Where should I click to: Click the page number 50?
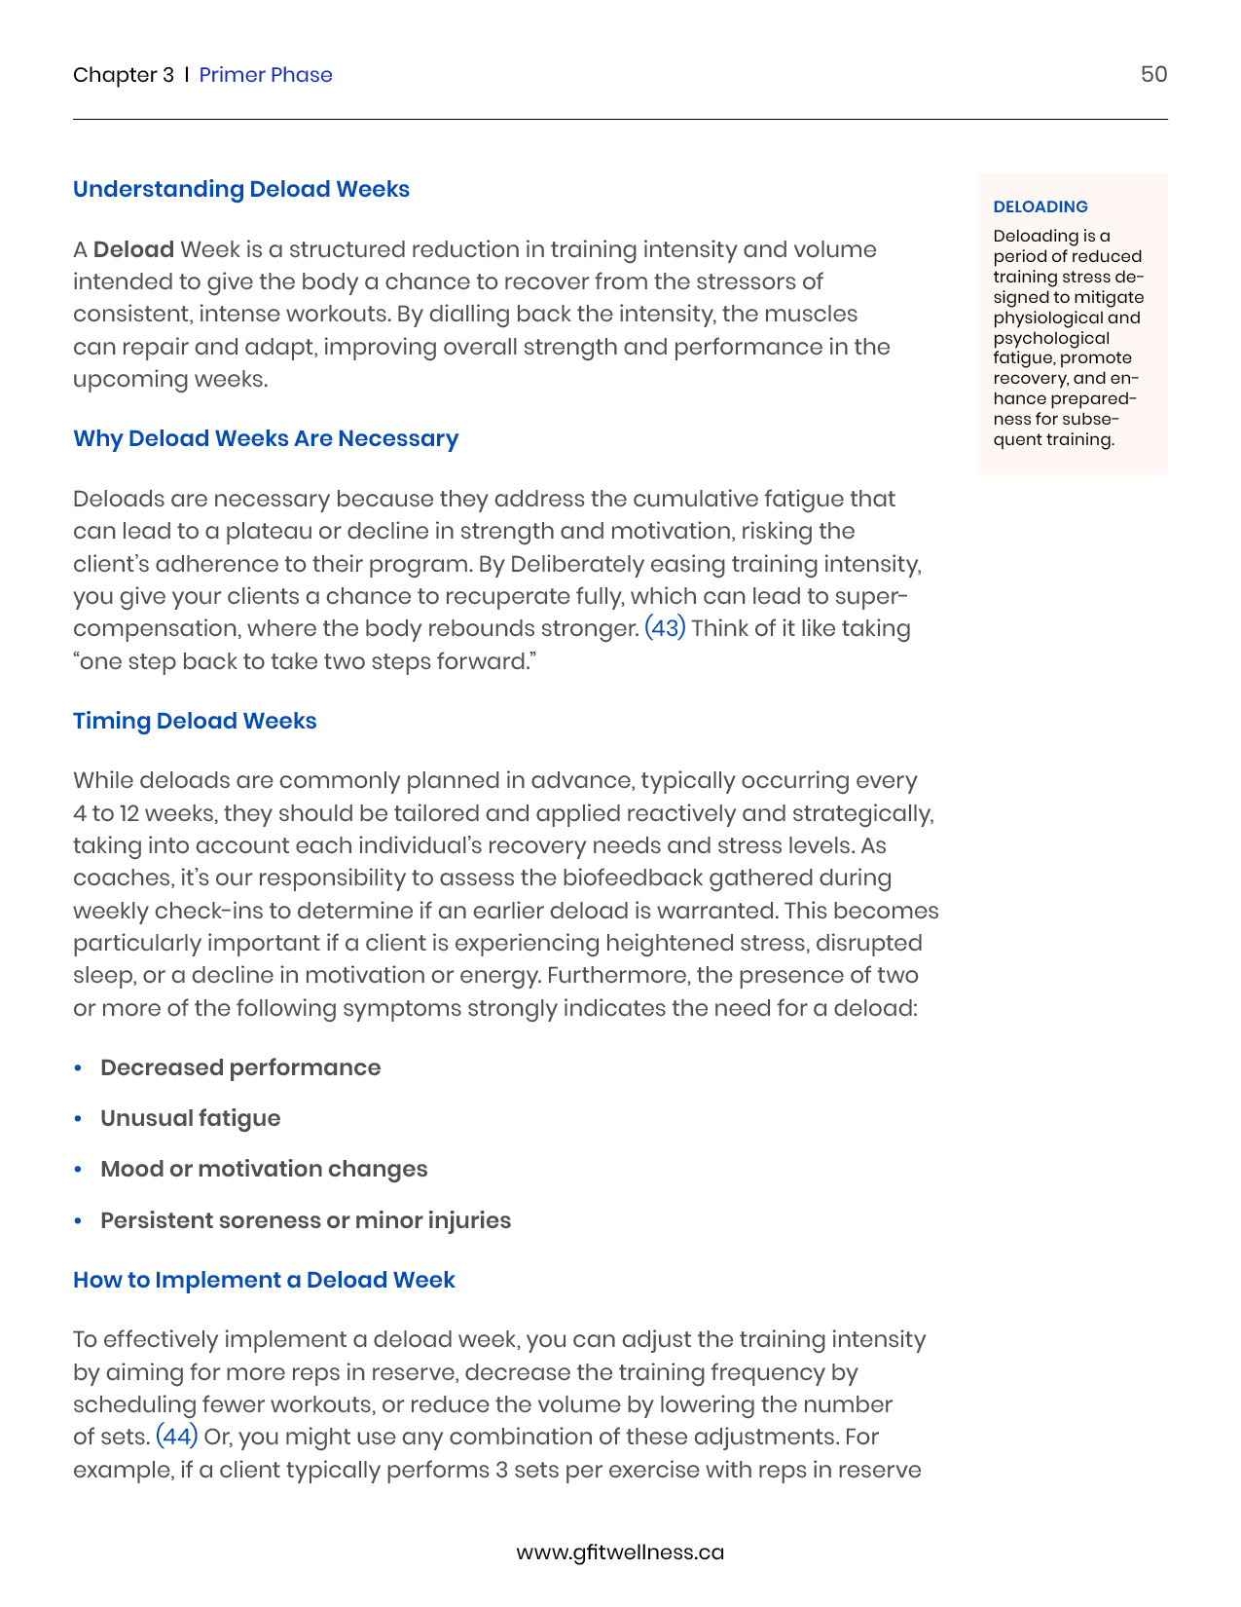[1153, 75]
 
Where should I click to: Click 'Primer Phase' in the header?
[266, 75]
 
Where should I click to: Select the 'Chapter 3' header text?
[124, 75]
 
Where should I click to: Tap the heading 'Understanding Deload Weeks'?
[241, 189]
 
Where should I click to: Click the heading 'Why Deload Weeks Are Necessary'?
[266, 438]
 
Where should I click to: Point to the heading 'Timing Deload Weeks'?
[195, 721]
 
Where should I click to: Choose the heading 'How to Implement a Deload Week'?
[264, 1280]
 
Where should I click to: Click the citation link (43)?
[666, 628]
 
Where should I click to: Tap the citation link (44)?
[177, 1437]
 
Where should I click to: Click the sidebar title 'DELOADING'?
[1040, 206]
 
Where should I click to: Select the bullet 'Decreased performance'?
[240, 1067]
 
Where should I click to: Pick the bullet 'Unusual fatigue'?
[191, 1118]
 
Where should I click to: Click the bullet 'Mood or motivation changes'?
[264, 1169]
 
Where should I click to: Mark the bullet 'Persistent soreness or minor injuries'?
[306, 1220]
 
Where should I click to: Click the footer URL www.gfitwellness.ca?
[620, 1552]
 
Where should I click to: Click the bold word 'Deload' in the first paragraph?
[134, 249]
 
